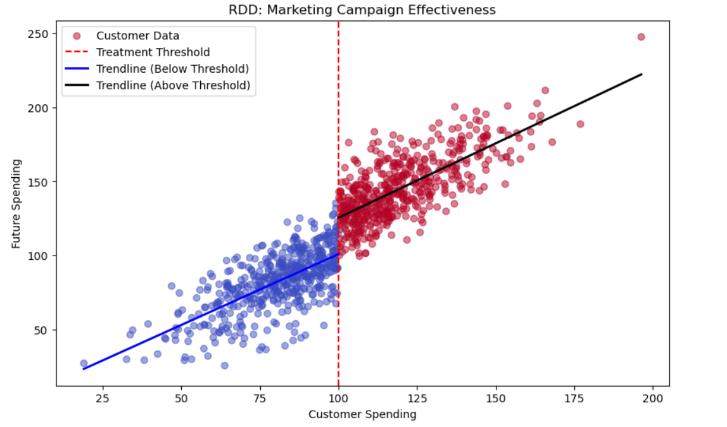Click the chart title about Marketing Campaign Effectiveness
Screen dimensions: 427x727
[x=362, y=9]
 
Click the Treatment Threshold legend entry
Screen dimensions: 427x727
[x=153, y=52]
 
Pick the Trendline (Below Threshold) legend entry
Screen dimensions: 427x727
[x=172, y=68]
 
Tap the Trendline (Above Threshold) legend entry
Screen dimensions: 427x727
[x=173, y=85]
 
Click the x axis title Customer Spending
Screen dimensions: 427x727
[x=362, y=415]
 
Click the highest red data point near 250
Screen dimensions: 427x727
[x=641, y=37]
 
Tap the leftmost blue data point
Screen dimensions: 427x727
[x=84, y=364]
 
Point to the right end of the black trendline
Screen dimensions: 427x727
[x=642, y=75]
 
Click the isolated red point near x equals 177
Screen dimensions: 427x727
[x=580, y=124]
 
